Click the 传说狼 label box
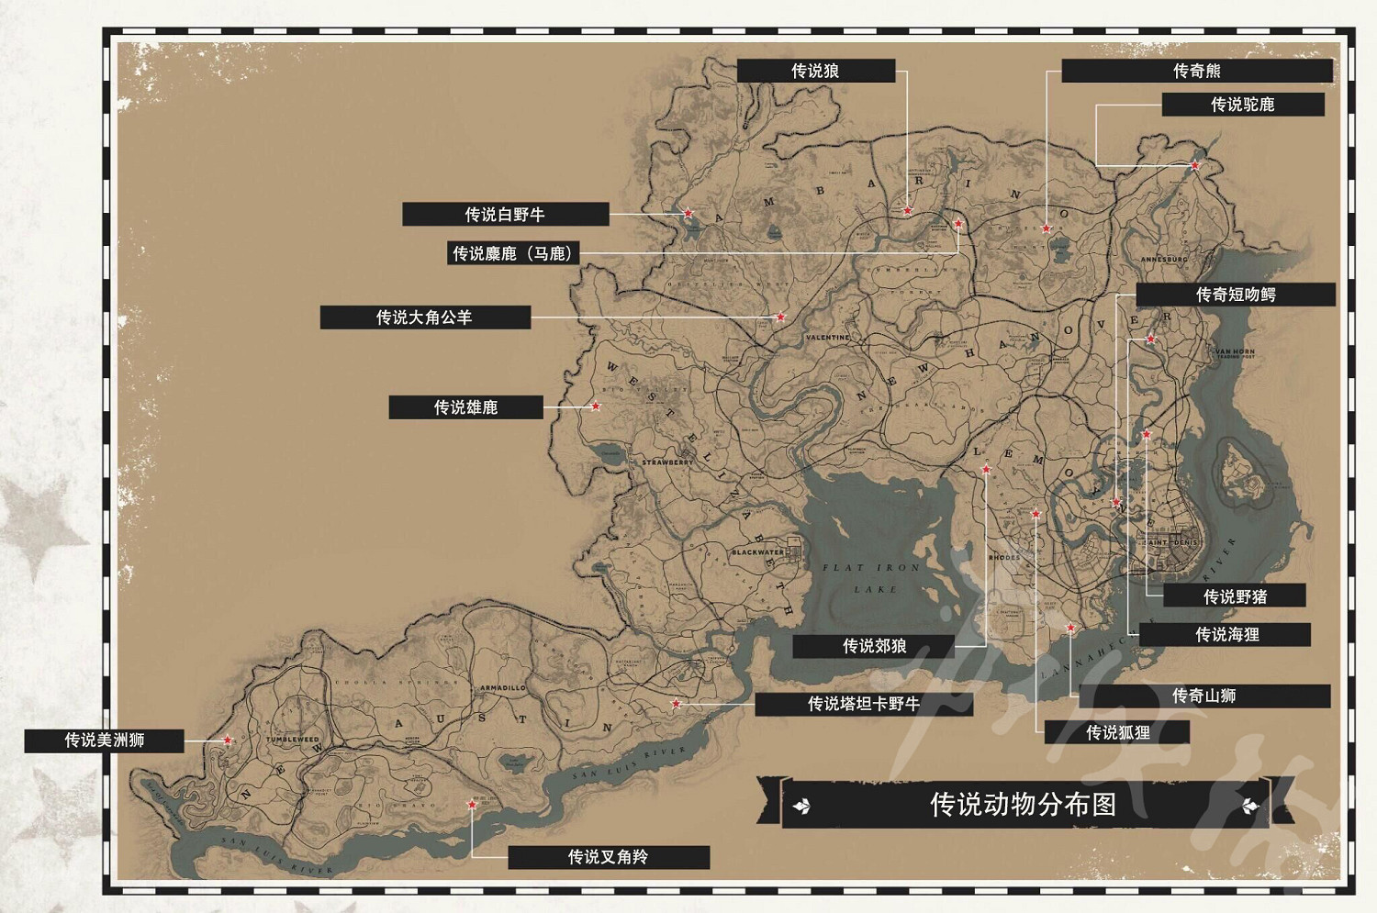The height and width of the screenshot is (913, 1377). click(815, 71)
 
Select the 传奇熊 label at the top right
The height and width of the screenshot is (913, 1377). click(1196, 71)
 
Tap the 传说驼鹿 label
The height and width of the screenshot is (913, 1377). click(1242, 105)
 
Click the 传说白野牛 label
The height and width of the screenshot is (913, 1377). click(505, 214)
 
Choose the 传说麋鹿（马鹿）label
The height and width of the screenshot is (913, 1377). click(513, 253)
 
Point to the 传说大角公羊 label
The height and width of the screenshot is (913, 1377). click(424, 317)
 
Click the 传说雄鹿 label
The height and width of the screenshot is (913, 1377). click(465, 406)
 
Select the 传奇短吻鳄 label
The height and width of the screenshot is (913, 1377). click(1235, 295)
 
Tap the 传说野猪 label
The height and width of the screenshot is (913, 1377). click(1234, 596)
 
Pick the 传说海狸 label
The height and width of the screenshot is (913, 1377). click(1226, 634)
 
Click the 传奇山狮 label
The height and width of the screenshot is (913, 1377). click(1203, 696)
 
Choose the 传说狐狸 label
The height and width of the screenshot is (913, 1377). click(1117, 732)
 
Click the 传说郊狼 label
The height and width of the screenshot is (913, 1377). click(873, 646)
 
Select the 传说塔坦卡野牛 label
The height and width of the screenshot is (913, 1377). click(863, 704)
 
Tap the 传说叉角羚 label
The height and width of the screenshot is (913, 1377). click(608, 857)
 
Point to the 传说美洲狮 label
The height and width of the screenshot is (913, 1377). click(104, 740)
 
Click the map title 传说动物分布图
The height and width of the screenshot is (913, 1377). click(1023, 805)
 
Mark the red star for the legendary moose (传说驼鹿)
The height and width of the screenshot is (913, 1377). click(1194, 166)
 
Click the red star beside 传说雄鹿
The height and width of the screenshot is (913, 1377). click(596, 406)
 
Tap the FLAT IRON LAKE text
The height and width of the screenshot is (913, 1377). click(871, 578)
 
